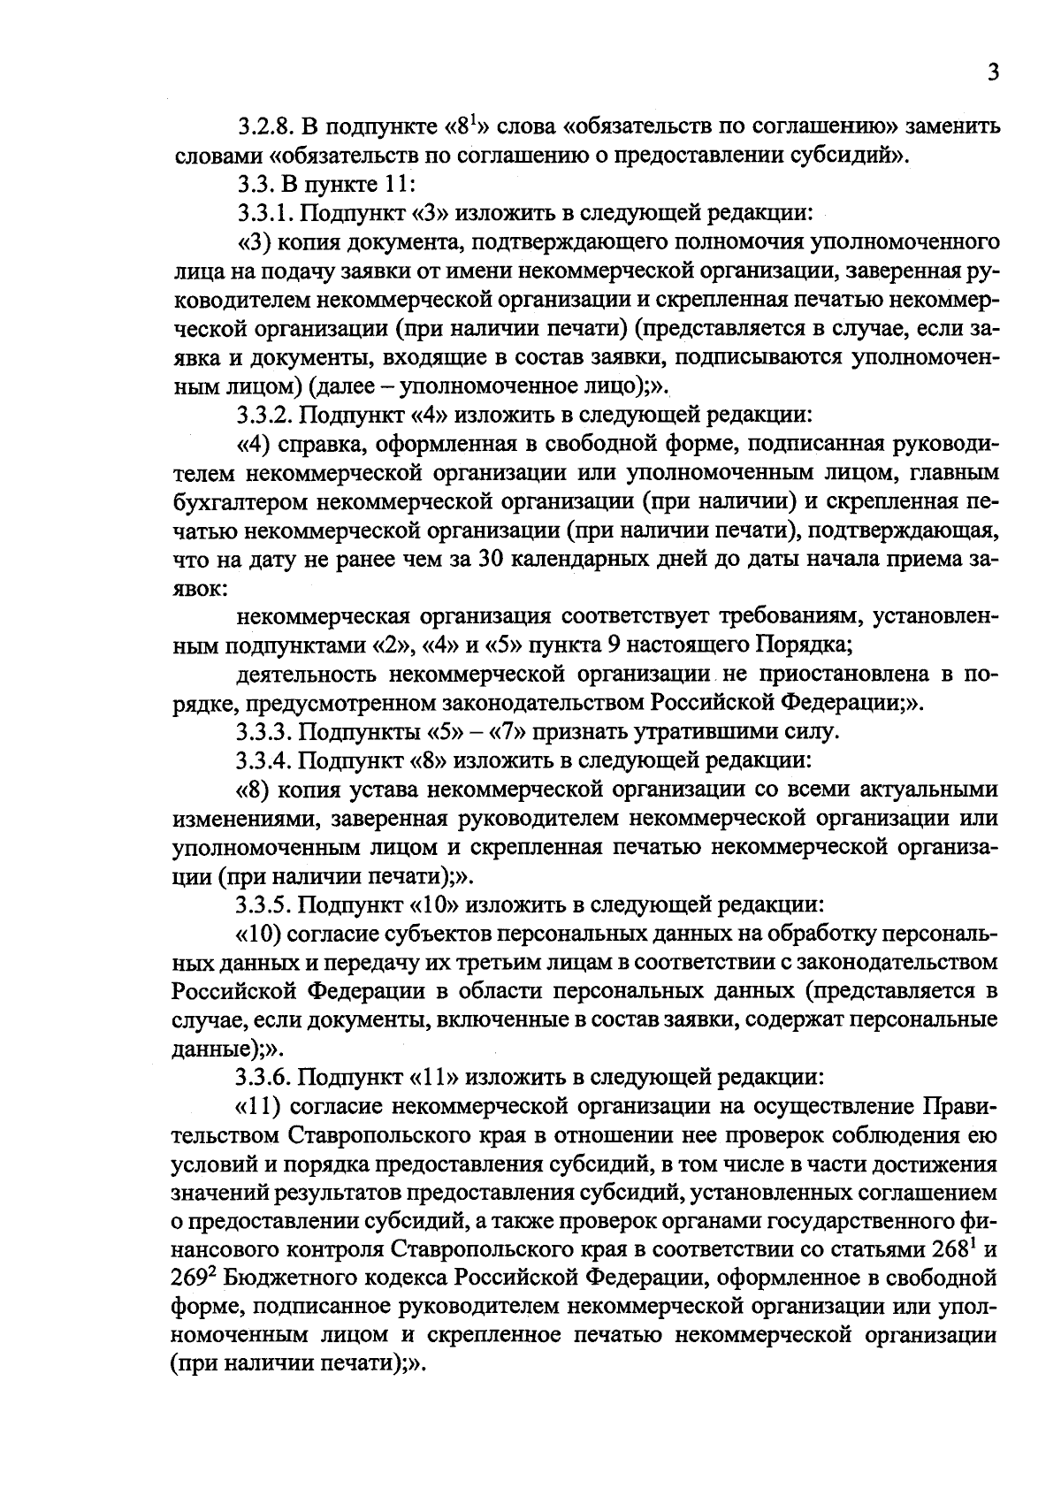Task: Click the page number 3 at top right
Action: pos(993,73)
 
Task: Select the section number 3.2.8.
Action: pos(264,127)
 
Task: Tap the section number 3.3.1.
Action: pos(264,213)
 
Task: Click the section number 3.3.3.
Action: pos(264,731)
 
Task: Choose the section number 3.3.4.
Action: pos(264,760)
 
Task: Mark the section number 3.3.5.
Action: pos(264,904)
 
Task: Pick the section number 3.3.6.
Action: pos(264,1077)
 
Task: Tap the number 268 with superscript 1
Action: pos(952,1249)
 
